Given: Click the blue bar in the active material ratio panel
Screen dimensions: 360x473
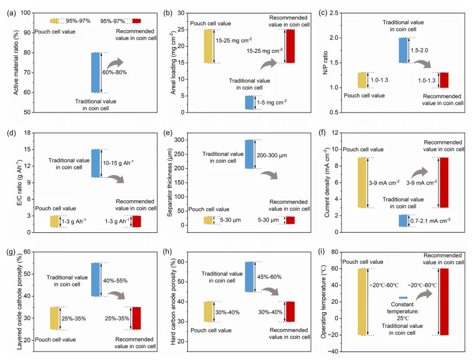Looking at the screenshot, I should (95, 73).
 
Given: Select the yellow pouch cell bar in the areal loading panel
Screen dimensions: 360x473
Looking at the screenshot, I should (208, 46).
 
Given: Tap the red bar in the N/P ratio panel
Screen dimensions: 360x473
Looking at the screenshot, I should (444, 80).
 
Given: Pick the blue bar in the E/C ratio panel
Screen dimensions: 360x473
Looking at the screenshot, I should (95, 163).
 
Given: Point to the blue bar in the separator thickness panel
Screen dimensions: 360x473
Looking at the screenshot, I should (249, 154).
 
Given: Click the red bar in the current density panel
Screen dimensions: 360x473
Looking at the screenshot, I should (444, 182).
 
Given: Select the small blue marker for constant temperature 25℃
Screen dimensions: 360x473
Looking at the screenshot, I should (403, 298).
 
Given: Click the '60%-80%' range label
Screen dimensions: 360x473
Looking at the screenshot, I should (115, 73).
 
